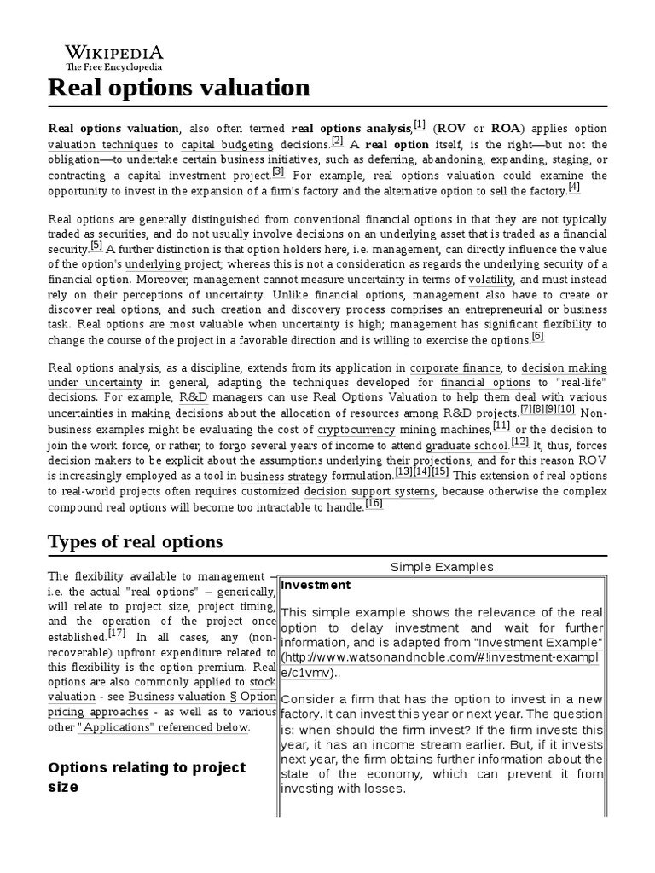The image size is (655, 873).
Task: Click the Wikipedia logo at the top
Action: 106,55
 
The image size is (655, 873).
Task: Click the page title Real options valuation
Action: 179,88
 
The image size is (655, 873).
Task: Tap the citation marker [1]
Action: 419,126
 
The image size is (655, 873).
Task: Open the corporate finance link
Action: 455,367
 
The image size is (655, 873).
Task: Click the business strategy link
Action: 283,476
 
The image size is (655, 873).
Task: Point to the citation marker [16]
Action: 374,504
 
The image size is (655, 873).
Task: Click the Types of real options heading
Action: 136,541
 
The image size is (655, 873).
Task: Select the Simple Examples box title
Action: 442,567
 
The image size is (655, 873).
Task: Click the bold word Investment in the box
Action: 316,585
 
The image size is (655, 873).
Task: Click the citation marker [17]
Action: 118,634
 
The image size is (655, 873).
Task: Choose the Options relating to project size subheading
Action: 147,777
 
